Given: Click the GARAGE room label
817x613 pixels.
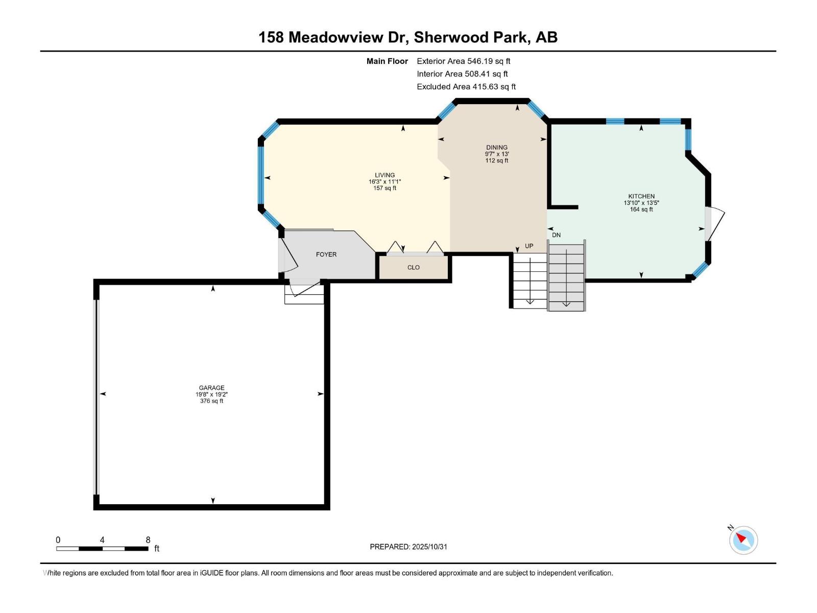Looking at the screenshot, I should [x=211, y=388].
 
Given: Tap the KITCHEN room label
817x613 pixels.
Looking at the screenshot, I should [x=641, y=196].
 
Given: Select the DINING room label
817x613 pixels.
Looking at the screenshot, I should [x=496, y=147].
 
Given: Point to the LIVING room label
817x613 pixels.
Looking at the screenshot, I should [x=385, y=175].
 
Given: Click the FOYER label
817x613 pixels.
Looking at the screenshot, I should [x=326, y=254].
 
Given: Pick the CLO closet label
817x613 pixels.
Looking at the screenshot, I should [x=413, y=267].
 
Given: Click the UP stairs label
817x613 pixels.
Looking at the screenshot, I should [x=529, y=246].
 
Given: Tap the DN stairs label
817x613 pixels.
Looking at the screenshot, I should [x=556, y=235].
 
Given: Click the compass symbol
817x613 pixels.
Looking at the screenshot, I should [x=743, y=540].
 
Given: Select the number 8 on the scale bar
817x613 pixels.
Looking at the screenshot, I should [x=148, y=540].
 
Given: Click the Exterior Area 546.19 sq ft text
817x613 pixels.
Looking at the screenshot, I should [x=463, y=61].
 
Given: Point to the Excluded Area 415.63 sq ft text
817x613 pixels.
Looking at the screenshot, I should [x=466, y=87].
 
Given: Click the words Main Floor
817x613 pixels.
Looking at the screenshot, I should [x=387, y=61].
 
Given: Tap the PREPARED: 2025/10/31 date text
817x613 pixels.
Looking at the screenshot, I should [x=408, y=547].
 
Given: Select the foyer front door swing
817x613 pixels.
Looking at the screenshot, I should [x=289, y=255].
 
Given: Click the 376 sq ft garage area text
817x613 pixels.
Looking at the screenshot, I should [x=211, y=401].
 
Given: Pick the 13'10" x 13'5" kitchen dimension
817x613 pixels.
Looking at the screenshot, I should [x=641, y=203].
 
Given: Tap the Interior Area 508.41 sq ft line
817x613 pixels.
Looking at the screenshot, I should [x=462, y=74].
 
